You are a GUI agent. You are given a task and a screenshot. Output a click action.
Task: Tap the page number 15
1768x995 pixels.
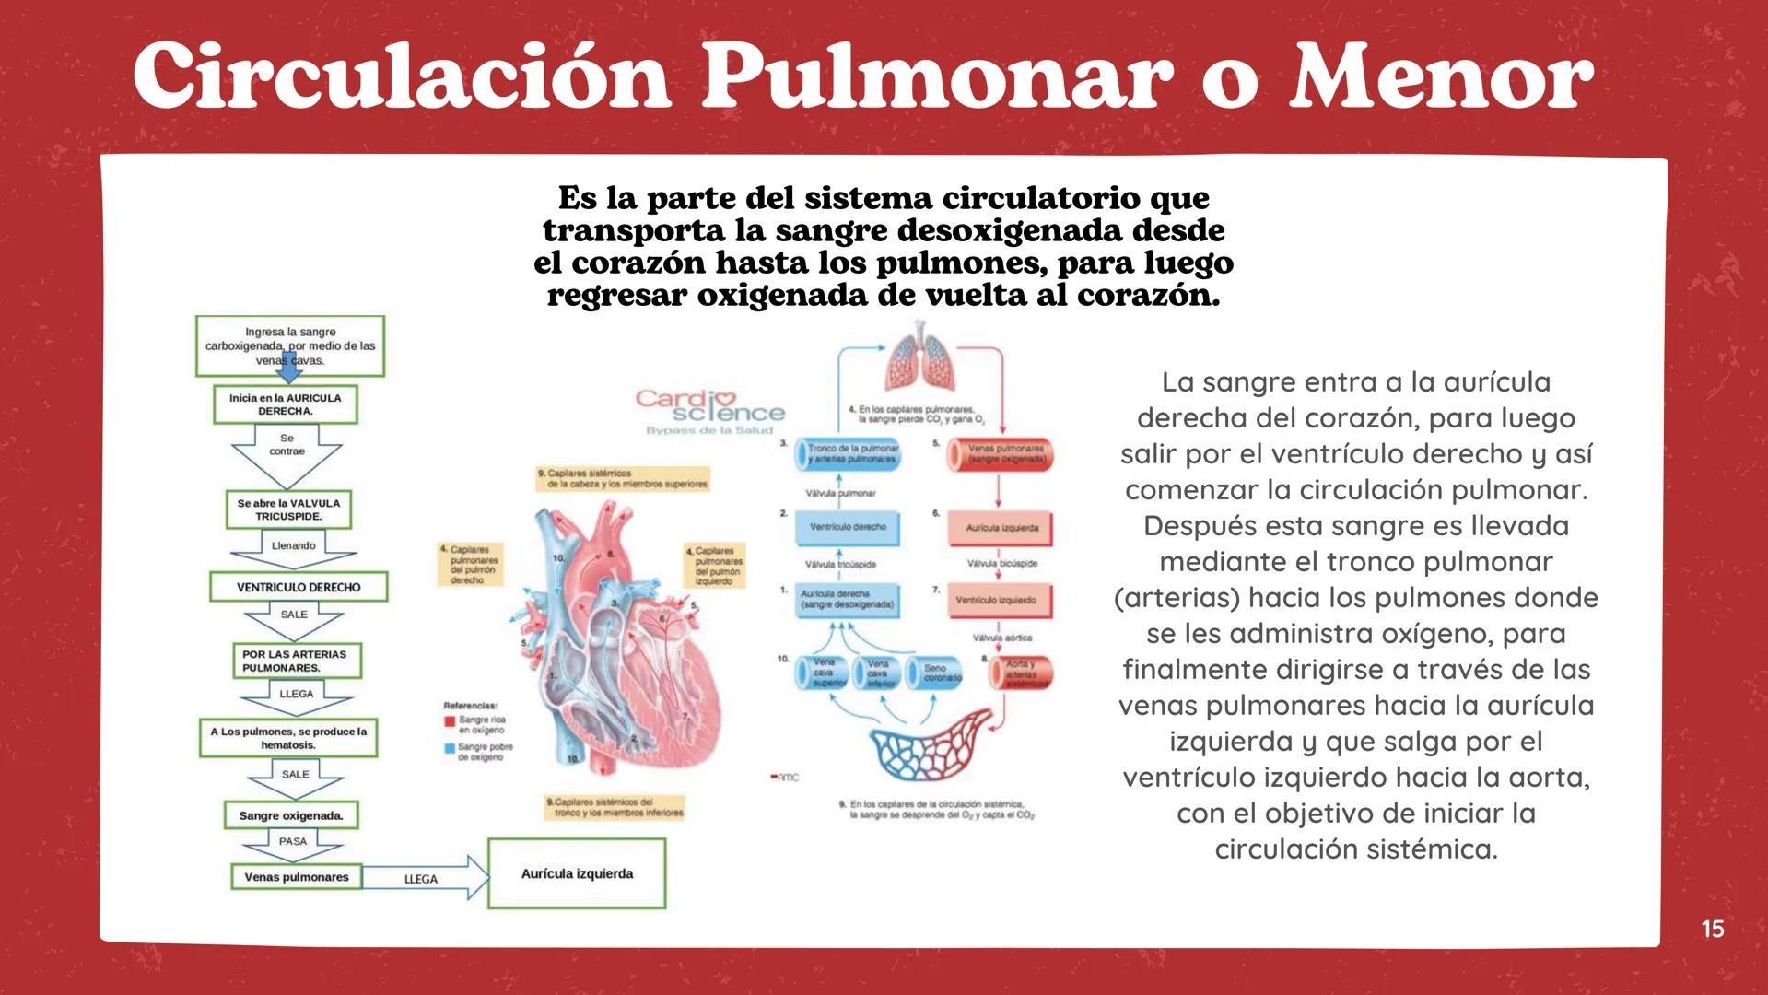(x=1712, y=929)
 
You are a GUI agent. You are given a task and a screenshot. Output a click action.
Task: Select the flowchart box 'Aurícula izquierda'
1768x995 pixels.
(x=577, y=873)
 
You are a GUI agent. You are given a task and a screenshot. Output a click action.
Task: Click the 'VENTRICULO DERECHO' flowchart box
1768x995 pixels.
(x=299, y=587)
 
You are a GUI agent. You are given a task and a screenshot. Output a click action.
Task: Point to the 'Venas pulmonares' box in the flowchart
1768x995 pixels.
(x=297, y=877)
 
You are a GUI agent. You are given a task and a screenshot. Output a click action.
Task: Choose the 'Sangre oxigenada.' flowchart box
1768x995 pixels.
(x=291, y=815)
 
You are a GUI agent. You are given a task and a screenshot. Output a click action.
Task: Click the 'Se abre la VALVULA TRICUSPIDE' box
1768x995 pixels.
(x=288, y=509)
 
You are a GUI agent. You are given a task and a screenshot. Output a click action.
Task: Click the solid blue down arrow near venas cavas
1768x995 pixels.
(x=291, y=366)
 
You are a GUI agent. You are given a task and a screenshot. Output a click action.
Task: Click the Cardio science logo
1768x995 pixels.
(x=709, y=410)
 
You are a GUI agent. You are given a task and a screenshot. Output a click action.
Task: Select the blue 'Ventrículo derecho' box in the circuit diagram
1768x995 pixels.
(x=848, y=527)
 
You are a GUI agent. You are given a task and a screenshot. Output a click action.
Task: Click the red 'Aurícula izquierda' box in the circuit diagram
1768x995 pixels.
(x=1001, y=528)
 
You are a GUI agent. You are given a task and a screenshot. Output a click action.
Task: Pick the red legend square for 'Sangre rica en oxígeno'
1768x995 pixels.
(x=450, y=720)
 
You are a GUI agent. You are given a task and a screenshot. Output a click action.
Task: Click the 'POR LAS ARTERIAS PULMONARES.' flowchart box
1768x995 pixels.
(x=296, y=661)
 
